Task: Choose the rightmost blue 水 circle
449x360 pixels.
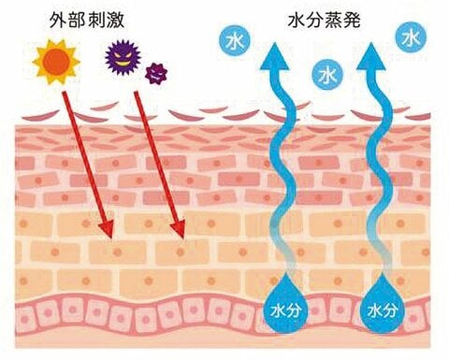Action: pyautogui.click(x=409, y=38)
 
